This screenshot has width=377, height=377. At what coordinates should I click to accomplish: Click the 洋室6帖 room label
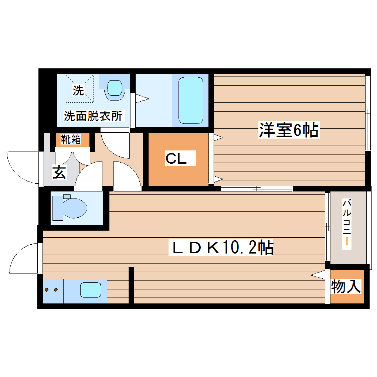[x=289, y=130]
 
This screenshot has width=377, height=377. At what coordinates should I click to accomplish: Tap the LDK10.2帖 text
[x=221, y=248]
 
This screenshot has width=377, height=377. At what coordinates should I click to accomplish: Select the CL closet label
[x=176, y=159]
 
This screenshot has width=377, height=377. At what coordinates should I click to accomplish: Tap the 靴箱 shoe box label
[x=71, y=140]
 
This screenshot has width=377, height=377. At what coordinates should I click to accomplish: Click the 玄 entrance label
[x=59, y=173]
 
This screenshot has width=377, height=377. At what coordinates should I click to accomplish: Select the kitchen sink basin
[x=91, y=290]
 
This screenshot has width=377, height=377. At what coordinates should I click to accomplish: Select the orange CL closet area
[x=178, y=174]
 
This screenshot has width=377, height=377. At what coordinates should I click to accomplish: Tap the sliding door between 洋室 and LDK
[x=257, y=189]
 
